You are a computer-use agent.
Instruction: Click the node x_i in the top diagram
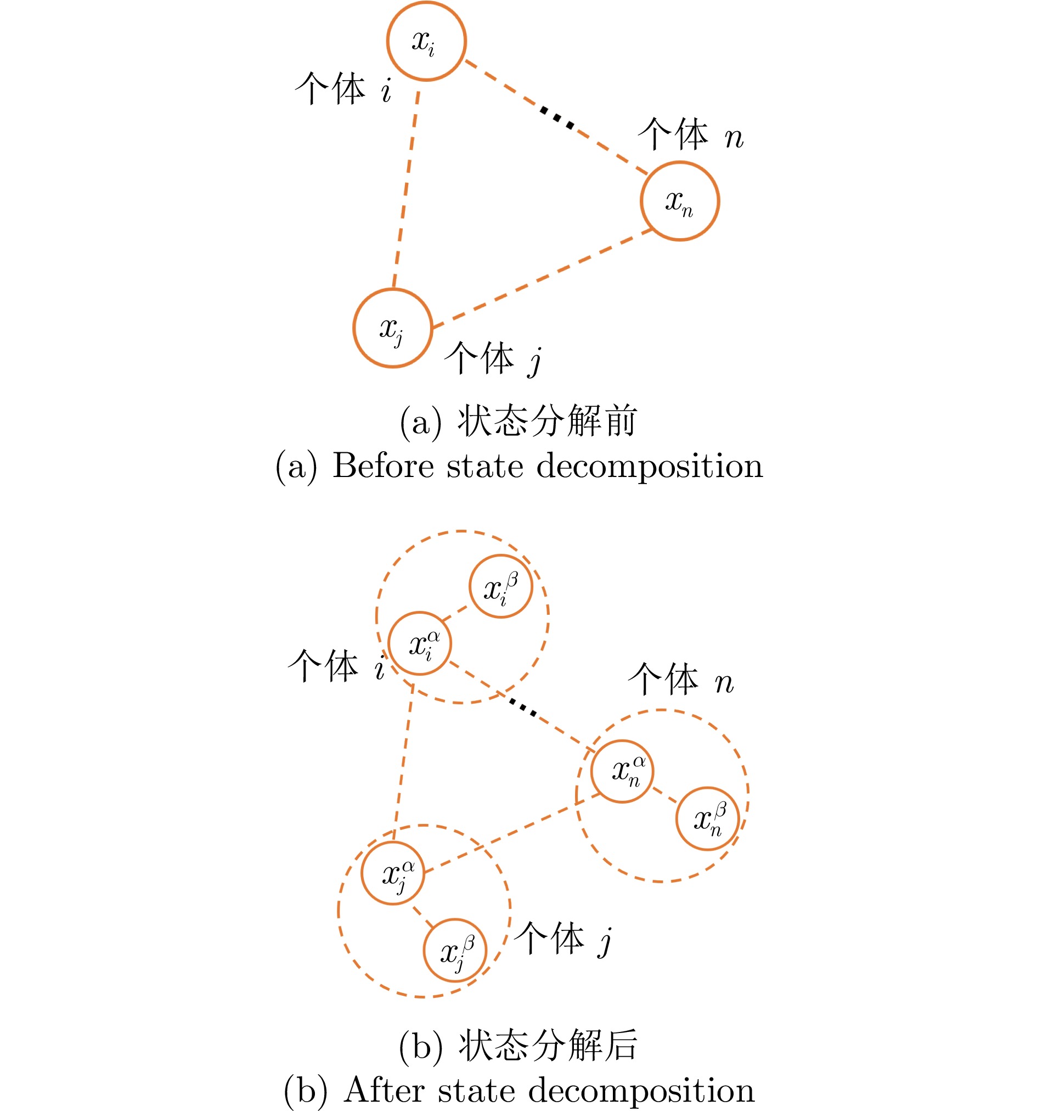click(x=426, y=41)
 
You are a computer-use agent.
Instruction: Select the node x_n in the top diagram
click(x=679, y=201)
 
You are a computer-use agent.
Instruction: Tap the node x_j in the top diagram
click(x=393, y=328)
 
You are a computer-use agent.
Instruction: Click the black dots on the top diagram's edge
click(x=557, y=118)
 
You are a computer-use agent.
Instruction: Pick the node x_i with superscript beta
click(x=500, y=586)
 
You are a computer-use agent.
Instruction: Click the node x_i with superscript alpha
click(x=420, y=643)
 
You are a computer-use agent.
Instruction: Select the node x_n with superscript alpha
click(x=622, y=771)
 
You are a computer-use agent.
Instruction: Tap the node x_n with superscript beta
click(x=707, y=819)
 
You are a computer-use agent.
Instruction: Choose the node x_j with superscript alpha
click(x=393, y=873)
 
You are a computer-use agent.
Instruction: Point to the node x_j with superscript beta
click(x=455, y=950)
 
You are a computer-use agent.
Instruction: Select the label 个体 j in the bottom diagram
click(x=562, y=938)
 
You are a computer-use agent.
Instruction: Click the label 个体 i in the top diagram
click(x=343, y=88)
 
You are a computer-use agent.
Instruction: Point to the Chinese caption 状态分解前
click(x=548, y=420)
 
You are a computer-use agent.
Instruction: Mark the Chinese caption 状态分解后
click(x=548, y=1045)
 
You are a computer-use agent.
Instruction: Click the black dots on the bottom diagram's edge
click(x=523, y=708)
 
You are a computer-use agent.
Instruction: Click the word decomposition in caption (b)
click(x=641, y=1091)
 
